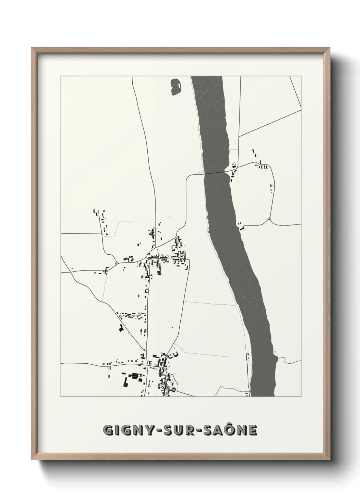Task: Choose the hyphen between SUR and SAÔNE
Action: click(x=201, y=430)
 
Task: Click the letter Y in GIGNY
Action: click(x=149, y=430)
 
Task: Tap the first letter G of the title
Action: click(x=108, y=430)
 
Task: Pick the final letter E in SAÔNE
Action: click(x=252, y=430)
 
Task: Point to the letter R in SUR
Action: click(x=191, y=430)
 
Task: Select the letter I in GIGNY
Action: click(x=117, y=430)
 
